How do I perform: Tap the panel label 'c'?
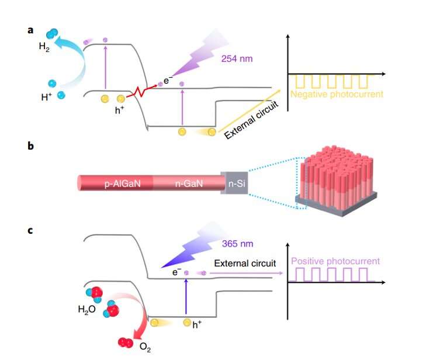coord(30,230)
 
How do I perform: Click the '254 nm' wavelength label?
coord(237,59)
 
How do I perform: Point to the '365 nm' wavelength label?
coord(238,244)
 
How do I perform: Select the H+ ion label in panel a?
coord(47,98)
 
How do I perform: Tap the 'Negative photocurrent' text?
coord(327,94)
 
